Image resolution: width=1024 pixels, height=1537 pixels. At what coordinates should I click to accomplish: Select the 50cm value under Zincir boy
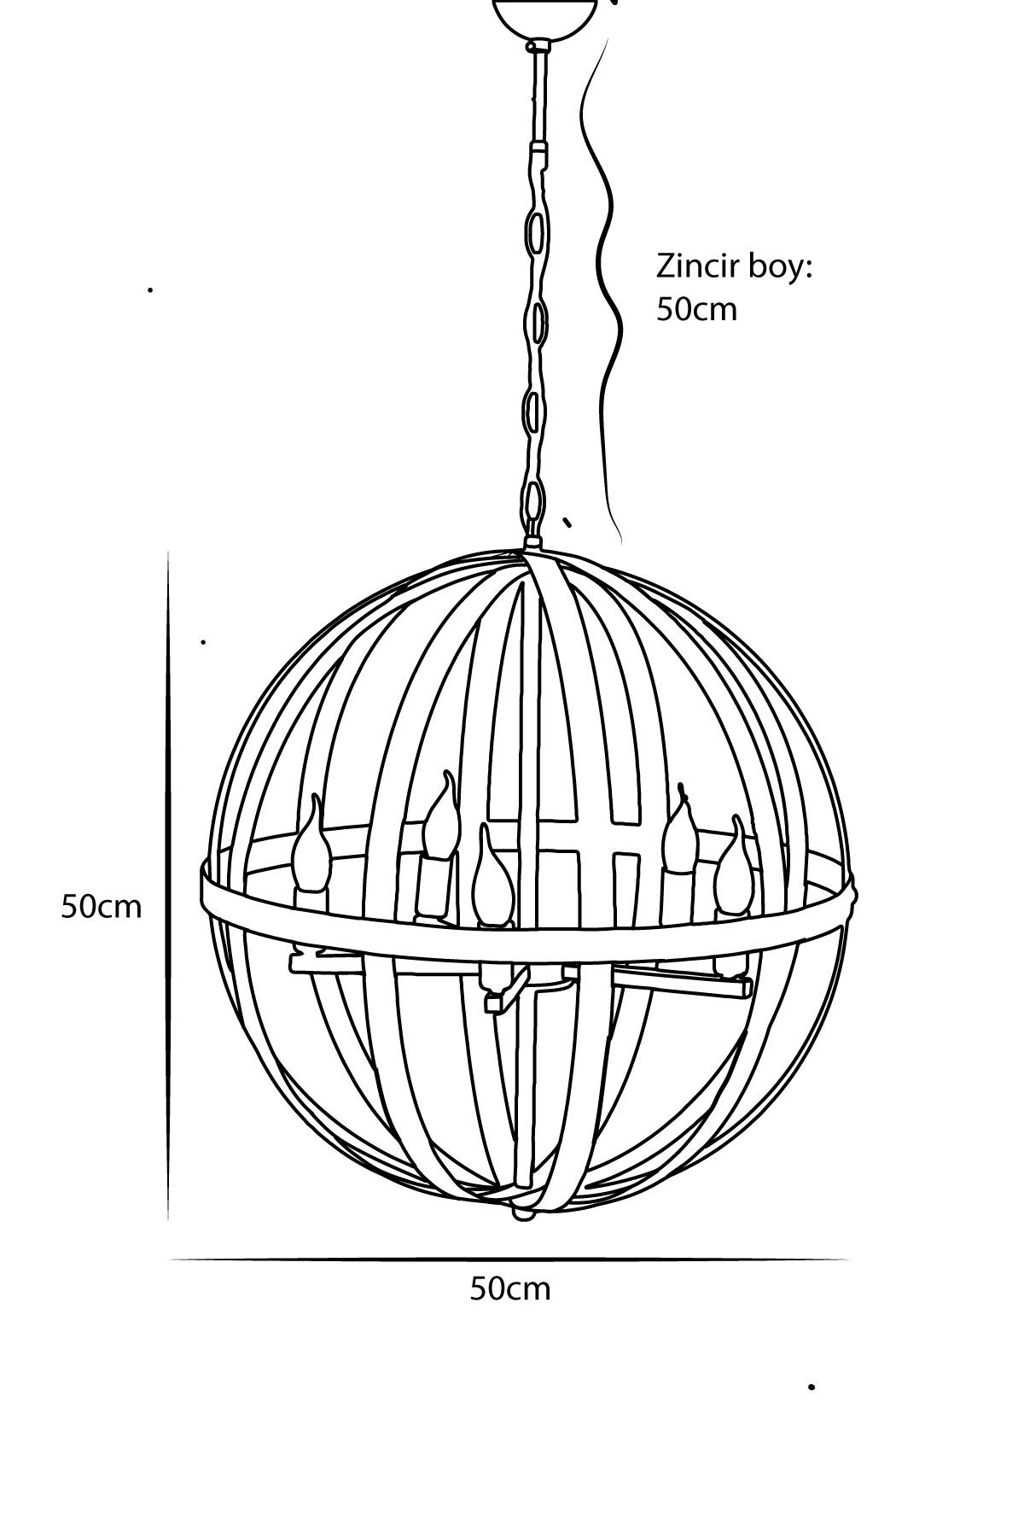point(696,309)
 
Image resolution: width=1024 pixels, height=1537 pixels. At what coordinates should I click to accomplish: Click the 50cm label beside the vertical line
point(101,906)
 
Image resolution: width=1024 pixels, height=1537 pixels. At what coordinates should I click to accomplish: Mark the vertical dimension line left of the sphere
point(168,885)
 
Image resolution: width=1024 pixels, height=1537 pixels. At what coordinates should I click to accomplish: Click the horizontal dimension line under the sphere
point(509,1259)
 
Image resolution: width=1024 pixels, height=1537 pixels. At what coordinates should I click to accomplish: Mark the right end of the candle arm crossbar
point(750,988)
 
